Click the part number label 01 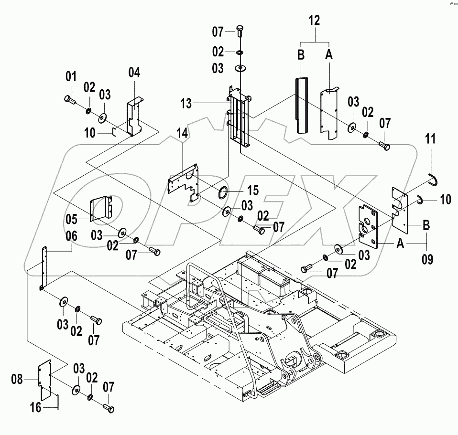click(71, 76)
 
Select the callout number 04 click(134, 73)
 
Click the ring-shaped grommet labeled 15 click(223, 193)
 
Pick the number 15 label click(252, 191)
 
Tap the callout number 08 click(18, 380)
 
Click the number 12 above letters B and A click(315, 20)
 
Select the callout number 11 click(430, 140)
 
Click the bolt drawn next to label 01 click(69, 99)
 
